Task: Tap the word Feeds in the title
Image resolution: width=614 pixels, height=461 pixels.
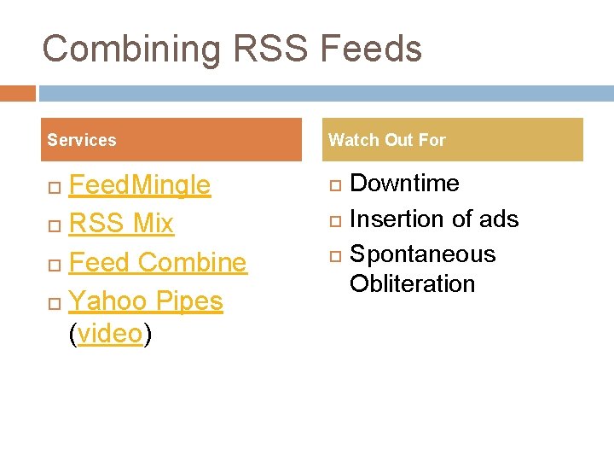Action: (x=372, y=49)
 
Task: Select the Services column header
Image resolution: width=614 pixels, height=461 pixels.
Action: (x=82, y=140)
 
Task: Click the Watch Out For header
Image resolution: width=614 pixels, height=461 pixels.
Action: (x=387, y=140)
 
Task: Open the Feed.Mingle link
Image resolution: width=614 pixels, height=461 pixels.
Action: (x=139, y=184)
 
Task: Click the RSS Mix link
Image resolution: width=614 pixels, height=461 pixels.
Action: (x=121, y=224)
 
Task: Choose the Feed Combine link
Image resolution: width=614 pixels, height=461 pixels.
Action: (x=158, y=262)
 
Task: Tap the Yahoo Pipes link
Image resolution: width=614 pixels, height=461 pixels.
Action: (x=146, y=301)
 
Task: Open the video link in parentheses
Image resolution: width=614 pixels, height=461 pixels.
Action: (x=110, y=334)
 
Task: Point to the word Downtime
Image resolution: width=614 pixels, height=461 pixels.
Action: (x=404, y=184)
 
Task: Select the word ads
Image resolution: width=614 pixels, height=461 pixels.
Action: (x=499, y=219)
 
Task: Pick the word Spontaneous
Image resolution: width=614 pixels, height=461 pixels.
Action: (x=422, y=254)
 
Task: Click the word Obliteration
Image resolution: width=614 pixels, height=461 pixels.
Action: (x=412, y=283)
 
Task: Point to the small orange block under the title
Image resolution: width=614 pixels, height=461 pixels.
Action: (x=18, y=93)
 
